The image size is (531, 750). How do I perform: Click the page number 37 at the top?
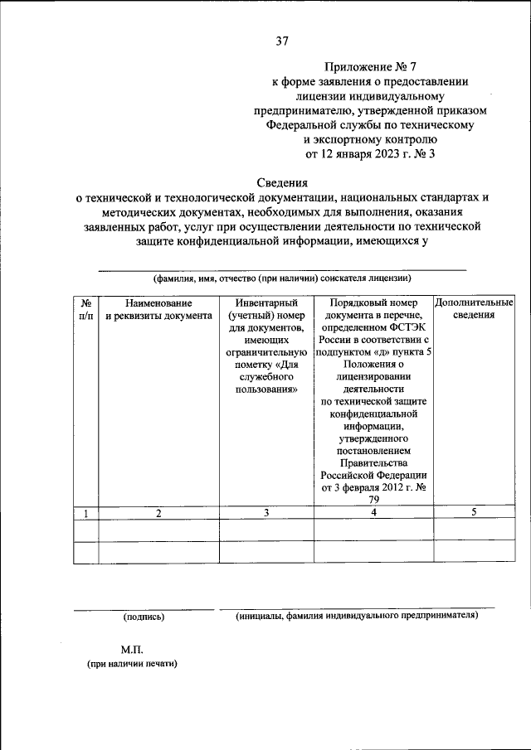[x=281, y=42]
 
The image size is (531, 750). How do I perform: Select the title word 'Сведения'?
[x=281, y=182]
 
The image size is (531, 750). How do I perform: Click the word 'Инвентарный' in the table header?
[x=265, y=303]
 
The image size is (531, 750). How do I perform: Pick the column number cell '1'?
[x=85, y=513]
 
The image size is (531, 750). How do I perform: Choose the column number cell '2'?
[x=158, y=513]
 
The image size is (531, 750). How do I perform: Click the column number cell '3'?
[x=266, y=513]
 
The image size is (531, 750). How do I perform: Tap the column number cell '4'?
[x=373, y=513]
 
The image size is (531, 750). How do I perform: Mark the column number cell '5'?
[x=474, y=513]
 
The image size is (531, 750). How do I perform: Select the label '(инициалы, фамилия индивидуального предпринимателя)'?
[x=357, y=617]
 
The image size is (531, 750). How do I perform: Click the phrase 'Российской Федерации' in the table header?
[x=373, y=475]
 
